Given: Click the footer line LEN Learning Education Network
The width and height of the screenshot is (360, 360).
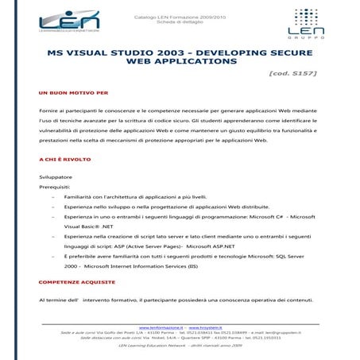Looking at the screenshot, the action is click(x=180, y=346).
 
